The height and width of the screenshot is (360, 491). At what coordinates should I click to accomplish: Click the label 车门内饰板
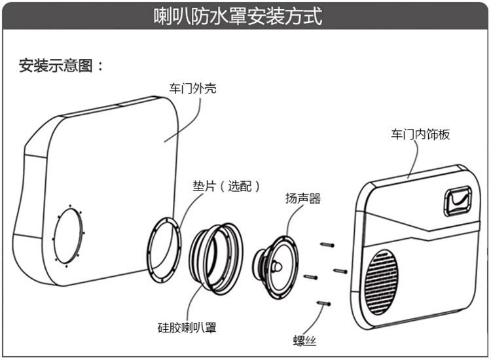(420, 134)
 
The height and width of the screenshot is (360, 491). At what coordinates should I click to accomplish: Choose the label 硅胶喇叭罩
(187, 327)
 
